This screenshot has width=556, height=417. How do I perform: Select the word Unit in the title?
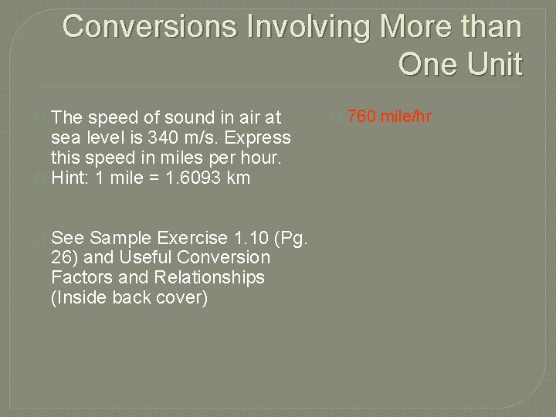493,64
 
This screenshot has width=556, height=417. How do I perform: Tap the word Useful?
147,257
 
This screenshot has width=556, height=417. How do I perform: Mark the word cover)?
181,297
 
